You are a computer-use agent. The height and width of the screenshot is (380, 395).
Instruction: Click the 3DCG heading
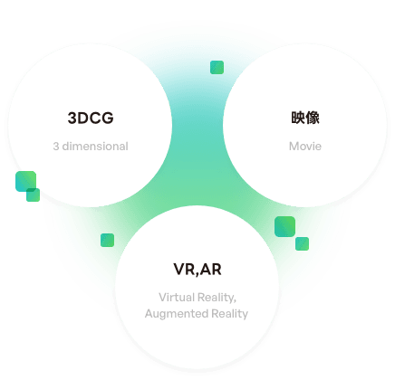click(91, 118)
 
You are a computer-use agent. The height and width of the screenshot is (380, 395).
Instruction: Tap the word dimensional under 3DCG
click(95, 147)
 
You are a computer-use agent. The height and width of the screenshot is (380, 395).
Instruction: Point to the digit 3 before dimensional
click(56, 147)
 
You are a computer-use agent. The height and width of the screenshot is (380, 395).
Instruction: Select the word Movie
click(305, 147)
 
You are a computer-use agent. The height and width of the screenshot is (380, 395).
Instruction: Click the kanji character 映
click(298, 118)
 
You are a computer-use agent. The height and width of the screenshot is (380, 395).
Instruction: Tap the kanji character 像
click(313, 118)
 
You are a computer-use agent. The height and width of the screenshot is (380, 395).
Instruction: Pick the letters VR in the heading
click(184, 270)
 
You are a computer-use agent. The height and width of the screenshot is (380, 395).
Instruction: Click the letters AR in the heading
click(211, 270)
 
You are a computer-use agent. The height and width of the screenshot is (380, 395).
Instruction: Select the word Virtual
click(177, 298)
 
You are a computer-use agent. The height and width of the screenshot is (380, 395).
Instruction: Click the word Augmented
click(177, 314)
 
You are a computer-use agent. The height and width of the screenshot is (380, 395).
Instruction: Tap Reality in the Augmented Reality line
click(229, 314)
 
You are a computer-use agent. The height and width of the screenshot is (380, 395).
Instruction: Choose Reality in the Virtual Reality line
click(217, 298)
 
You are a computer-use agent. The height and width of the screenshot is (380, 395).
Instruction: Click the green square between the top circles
click(217, 67)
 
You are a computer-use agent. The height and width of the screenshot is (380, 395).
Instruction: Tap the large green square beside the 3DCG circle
click(25, 181)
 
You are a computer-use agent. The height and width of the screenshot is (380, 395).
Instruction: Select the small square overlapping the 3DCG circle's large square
click(34, 195)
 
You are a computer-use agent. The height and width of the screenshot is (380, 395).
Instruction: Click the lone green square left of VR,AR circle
click(107, 240)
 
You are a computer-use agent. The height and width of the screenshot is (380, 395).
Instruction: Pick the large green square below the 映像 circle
click(284, 226)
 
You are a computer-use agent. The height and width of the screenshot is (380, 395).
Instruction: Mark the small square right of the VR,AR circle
click(302, 243)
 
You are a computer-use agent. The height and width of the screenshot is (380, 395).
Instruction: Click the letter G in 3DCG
click(108, 118)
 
